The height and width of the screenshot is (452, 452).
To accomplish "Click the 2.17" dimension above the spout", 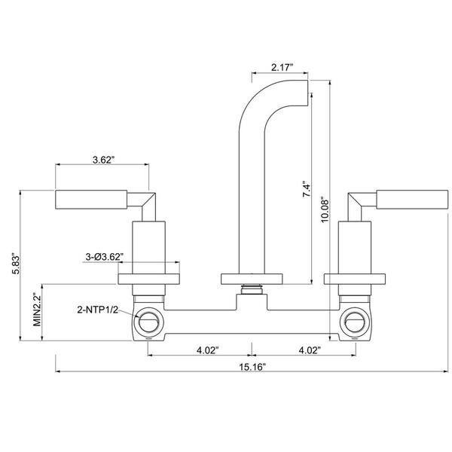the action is click(x=282, y=68).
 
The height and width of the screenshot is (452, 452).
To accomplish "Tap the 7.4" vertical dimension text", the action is click(x=307, y=189).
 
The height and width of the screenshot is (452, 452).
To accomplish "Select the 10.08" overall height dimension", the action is click(x=325, y=209).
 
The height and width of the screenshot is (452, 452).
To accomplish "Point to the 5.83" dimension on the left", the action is click(x=16, y=264).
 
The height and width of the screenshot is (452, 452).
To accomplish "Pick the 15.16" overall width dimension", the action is click(x=252, y=367).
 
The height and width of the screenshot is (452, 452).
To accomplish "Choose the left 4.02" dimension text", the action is click(x=208, y=350).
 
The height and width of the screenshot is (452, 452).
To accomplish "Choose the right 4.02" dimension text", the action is click(x=310, y=350).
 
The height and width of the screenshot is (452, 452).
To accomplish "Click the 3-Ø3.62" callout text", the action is click(x=105, y=257).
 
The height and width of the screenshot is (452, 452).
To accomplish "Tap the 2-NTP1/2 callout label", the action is click(x=98, y=310).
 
